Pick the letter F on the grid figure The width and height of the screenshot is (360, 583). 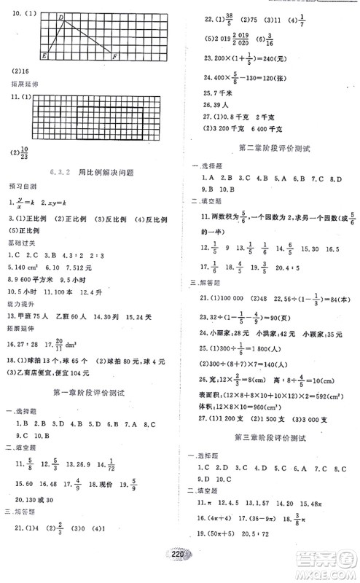114,56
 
